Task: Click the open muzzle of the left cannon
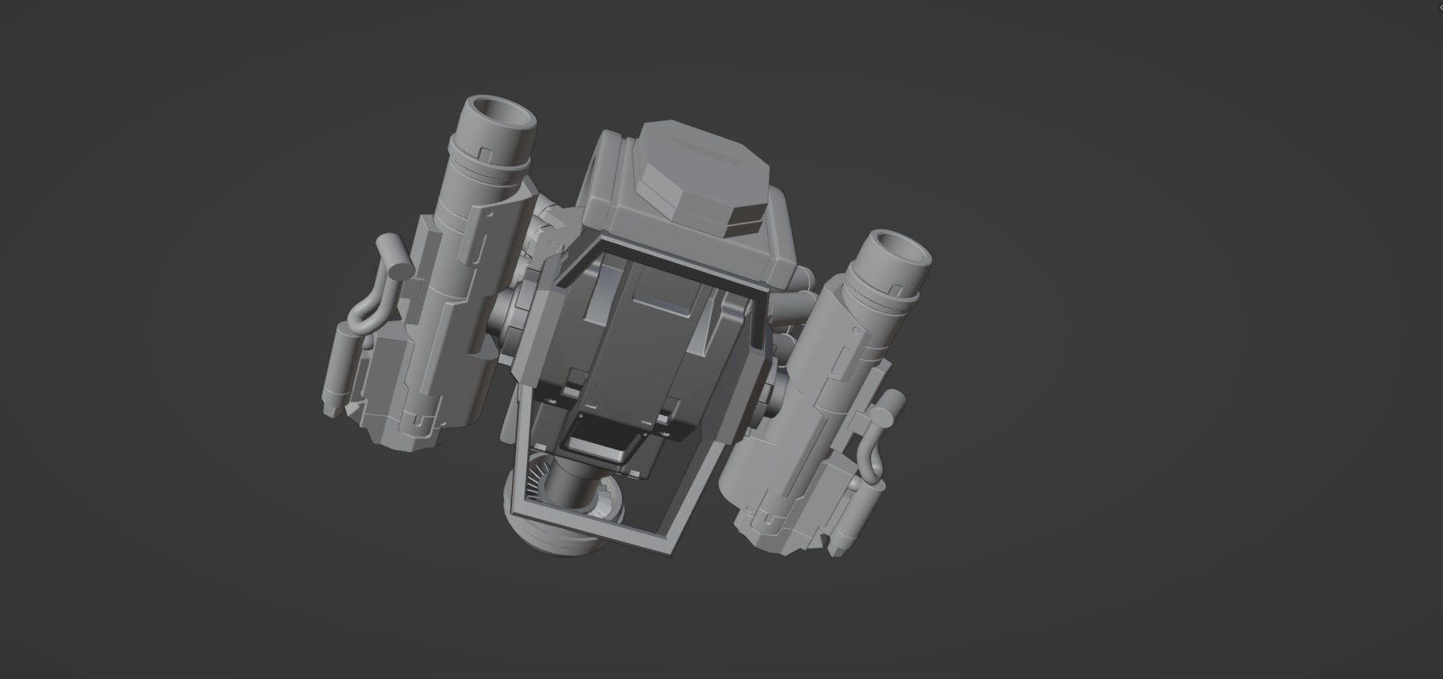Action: point(503,115)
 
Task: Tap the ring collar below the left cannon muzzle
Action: point(490,162)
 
